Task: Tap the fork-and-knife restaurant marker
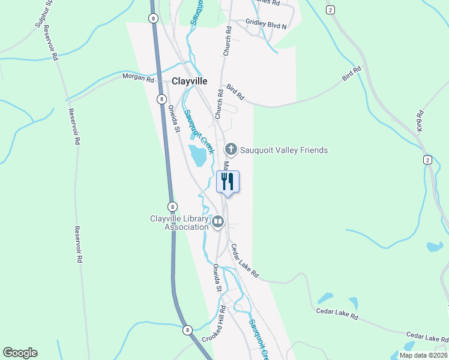point(228,181)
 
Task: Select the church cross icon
point(231,149)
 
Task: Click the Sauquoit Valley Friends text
point(284,150)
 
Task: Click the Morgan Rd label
point(139,78)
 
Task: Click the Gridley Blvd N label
point(266,25)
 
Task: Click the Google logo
point(20,353)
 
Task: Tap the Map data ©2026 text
point(423,355)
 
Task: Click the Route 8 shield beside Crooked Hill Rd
point(187,330)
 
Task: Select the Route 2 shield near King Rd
point(427,159)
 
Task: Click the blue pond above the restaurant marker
point(198,155)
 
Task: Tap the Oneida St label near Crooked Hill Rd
point(217,278)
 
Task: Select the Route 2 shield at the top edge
point(330,10)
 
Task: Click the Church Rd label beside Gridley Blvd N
point(228,41)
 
